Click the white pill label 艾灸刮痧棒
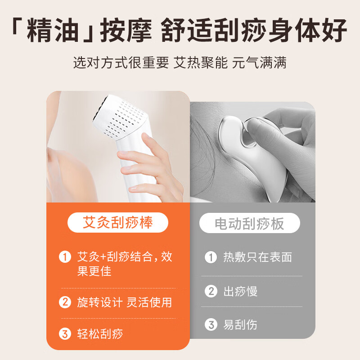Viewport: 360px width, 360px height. coord(118,222)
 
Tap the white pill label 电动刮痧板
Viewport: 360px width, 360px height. coord(250,223)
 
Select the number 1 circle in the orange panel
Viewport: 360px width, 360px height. coord(65,257)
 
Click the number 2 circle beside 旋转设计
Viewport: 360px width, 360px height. coord(65,302)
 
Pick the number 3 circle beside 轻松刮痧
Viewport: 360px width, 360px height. coord(65,333)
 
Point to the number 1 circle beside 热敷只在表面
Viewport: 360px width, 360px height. coord(211,257)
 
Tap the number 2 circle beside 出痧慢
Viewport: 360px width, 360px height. coord(211,291)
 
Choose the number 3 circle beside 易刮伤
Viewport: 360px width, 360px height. coord(211,324)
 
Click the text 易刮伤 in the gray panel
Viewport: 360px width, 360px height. coord(240,324)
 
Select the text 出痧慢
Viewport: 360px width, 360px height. coord(240,291)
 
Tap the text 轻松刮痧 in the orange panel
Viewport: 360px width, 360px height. coord(100,333)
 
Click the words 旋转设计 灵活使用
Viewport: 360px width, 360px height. coord(125,302)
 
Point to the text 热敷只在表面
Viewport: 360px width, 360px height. coord(257,257)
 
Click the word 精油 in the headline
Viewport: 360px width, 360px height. coord(53,30)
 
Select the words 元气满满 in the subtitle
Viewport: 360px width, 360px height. coord(259,63)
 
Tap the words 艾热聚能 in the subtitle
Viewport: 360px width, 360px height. coord(200,63)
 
